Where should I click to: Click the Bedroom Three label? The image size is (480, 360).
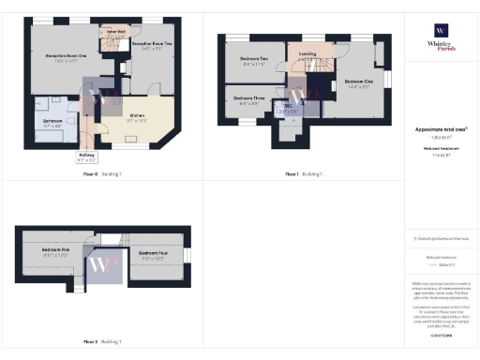click(247, 100)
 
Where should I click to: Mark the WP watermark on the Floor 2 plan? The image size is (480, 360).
click(101, 265)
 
